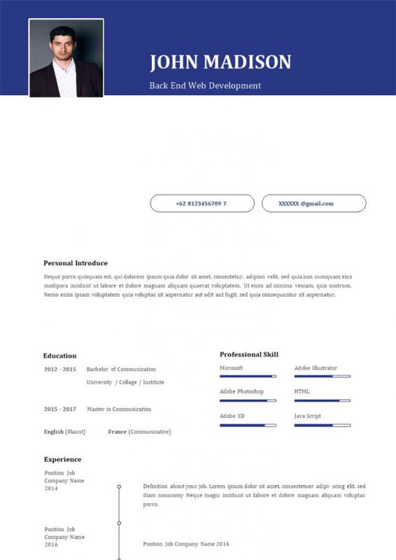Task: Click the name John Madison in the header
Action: point(220,62)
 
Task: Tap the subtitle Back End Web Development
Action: point(205,85)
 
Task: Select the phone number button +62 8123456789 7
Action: point(201,204)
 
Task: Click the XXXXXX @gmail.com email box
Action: point(313,204)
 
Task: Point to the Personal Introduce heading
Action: point(76,263)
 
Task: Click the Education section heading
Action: point(59,356)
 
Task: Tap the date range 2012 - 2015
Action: point(59,369)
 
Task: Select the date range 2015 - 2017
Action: point(59,409)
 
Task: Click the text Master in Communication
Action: point(119,409)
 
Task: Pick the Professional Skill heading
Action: point(248,354)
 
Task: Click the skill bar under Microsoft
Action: point(248,377)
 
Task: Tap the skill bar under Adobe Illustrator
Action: point(322,377)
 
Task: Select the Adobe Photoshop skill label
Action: point(241,391)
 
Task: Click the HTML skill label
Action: point(302,391)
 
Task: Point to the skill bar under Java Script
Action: point(322,425)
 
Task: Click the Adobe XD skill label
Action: point(232,416)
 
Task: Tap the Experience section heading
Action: point(62,459)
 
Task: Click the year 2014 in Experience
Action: point(51,489)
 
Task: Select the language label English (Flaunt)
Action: point(64,432)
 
